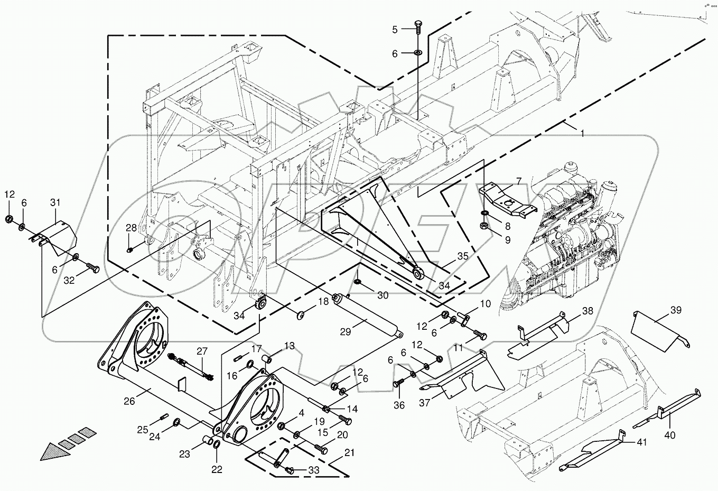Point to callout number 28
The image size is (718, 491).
coord(131,228)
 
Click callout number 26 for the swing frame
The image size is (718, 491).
coord(130,402)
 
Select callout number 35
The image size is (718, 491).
coord(463,256)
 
